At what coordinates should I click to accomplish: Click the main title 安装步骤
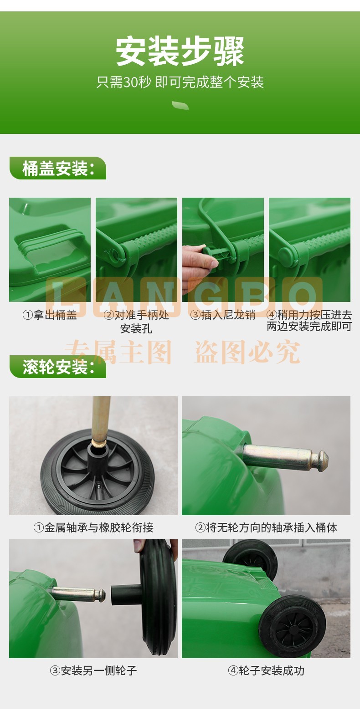click(180, 51)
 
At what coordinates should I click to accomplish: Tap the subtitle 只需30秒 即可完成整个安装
click(180, 82)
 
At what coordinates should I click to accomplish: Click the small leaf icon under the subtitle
click(180, 105)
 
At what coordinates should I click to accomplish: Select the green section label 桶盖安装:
click(58, 168)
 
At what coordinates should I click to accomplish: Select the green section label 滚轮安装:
click(58, 367)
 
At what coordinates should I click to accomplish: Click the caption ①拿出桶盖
click(50, 315)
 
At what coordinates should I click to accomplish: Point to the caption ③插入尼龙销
click(223, 315)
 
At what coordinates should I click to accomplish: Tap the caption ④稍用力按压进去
click(309, 315)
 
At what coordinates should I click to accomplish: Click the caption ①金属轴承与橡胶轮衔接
click(93, 527)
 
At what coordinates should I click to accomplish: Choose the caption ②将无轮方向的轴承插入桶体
click(266, 527)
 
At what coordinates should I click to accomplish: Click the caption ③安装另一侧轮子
click(93, 670)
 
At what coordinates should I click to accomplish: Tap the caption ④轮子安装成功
click(266, 670)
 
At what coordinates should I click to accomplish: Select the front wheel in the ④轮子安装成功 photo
click(292, 625)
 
